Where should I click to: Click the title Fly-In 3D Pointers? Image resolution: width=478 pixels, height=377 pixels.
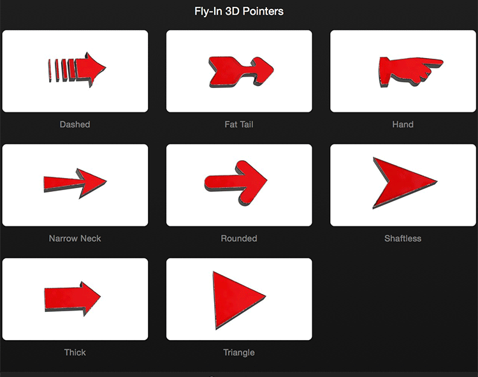pos(239,11)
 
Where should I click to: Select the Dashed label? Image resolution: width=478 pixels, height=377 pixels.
pos(75,124)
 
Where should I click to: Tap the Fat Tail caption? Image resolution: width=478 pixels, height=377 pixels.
pos(239,124)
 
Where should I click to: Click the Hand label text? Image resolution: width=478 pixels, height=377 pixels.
pos(403,124)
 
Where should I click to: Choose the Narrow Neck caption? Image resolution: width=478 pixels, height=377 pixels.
pos(75,239)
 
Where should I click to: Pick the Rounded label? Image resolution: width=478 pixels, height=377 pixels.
pos(239,239)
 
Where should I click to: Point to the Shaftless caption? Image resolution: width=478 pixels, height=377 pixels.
pos(403,239)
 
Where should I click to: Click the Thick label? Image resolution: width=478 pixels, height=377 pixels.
pos(75,353)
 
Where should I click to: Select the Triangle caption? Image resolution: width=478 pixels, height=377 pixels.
pos(239,353)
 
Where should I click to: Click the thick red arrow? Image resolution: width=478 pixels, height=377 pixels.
pos(73,299)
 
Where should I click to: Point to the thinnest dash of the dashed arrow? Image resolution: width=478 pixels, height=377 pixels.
pos(50,71)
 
